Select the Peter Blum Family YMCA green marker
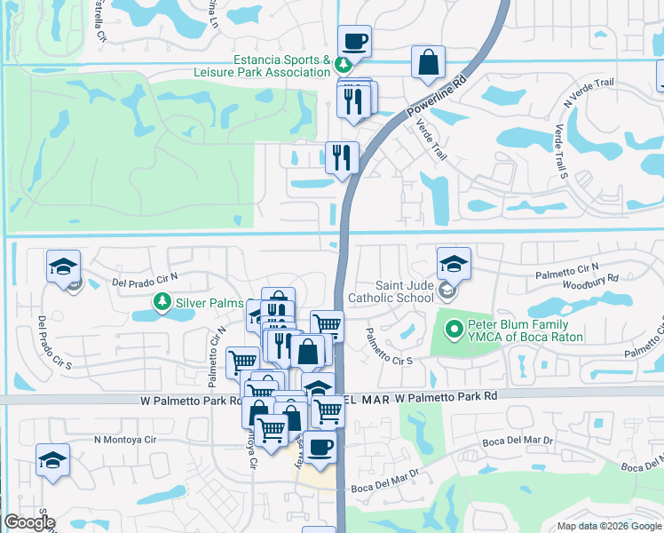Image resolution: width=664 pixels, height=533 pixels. [455, 330]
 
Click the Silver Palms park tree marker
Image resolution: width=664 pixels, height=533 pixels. [162, 303]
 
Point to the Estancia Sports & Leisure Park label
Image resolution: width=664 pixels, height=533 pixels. [281, 66]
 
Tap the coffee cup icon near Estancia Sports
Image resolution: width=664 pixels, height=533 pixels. [354, 41]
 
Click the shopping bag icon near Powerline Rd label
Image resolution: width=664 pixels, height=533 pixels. [428, 62]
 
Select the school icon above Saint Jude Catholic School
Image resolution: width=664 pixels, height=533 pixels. [454, 263]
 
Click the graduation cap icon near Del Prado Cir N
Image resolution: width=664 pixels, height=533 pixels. [64, 266]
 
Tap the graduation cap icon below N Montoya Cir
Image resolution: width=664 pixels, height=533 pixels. [52, 461]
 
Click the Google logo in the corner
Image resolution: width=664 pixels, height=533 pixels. [29, 522]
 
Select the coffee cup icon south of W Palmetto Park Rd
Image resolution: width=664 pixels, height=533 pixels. [321, 446]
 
